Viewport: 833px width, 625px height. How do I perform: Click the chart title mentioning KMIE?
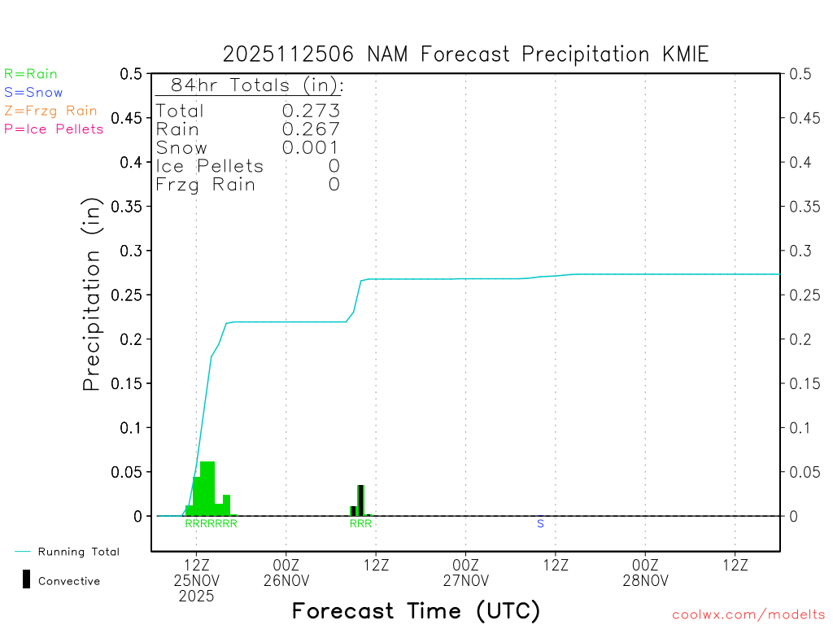click(x=465, y=55)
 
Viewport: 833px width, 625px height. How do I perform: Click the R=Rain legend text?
click(x=31, y=74)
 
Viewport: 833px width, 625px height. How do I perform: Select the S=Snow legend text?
click(x=33, y=93)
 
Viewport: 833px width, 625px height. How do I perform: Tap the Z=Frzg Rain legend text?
click(x=50, y=111)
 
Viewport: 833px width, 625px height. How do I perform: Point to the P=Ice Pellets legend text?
click(x=54, y=129)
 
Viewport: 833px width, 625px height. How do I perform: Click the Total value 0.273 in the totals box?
click(x=311, y=111)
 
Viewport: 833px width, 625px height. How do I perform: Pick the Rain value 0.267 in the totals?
click(x=311, y=129)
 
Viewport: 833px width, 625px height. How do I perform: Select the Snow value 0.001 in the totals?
click(x=311, y=148)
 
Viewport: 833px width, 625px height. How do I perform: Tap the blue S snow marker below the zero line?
click(x=540, y=524)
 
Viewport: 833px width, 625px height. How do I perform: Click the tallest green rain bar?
click(x=207, y=488)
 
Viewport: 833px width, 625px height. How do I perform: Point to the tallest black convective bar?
click(x=360, y=500)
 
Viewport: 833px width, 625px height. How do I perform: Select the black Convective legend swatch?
click(x=26, y=579)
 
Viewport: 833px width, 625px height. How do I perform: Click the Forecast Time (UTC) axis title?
click(x=416, y=610)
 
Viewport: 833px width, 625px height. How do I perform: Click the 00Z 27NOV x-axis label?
click(x=466, y=572)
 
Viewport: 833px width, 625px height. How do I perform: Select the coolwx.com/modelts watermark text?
click(x=749, y=615)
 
